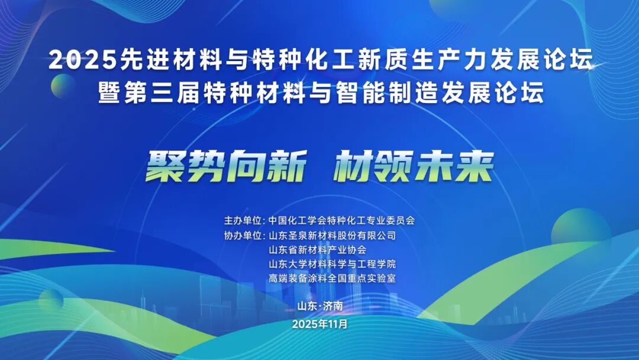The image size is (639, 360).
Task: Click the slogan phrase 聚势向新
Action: click(x=226, y=166)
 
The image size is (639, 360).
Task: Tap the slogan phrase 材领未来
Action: click(x=412, y=166)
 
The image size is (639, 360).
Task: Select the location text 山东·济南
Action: click(x=320, y=306)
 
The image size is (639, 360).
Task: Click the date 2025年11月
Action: click(x=320, y=324)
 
